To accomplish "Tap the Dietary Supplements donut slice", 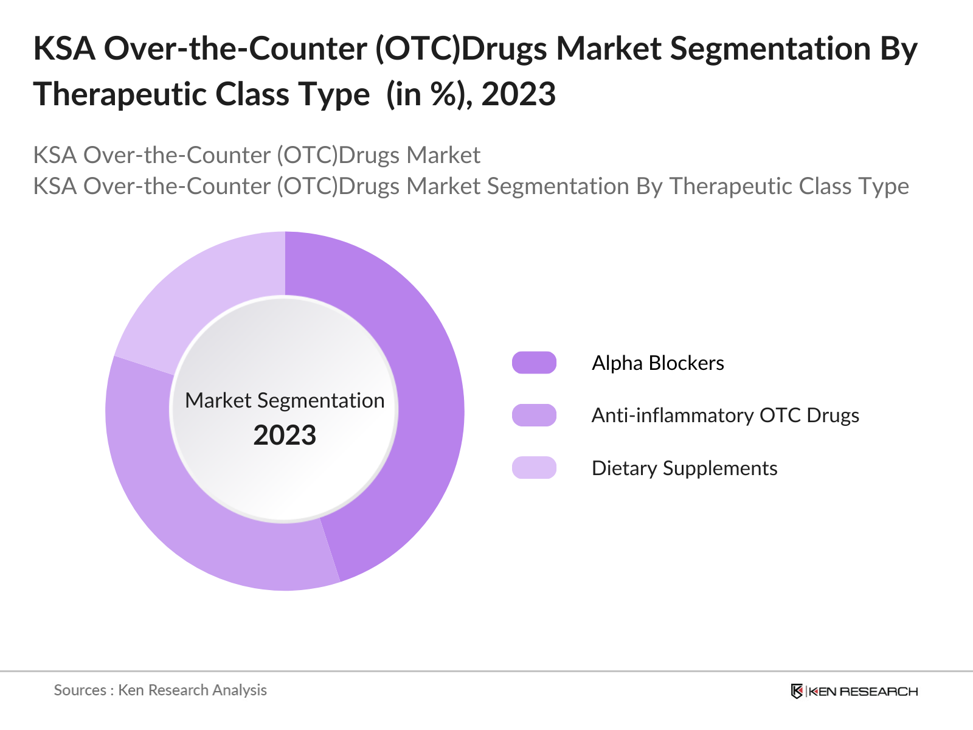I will (201, 292).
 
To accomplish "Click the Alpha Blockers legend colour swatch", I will (534, 363).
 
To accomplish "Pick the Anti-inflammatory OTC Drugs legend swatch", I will (534, 415).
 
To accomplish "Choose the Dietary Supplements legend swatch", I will (534, 468).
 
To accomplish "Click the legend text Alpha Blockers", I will (657, 363).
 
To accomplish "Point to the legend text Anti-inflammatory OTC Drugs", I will (725, 415).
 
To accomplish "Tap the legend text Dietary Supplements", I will (684, 468).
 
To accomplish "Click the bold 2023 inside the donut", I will (285, 436).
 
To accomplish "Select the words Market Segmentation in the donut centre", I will (285, 400).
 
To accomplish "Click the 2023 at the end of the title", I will (518, 94).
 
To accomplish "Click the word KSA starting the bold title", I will (64, 49).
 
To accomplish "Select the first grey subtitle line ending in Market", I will (256, 155).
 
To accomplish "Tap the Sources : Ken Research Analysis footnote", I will (160, 690).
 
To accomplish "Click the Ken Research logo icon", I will (797, 691).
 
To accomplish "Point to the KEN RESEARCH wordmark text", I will (863, 692).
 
